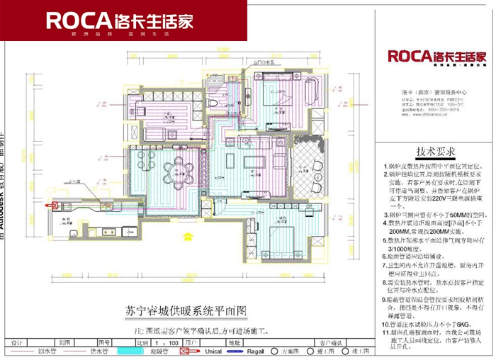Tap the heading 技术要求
436,153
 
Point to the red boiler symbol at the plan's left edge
52,204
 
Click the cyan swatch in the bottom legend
129,350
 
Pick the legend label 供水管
98,350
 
